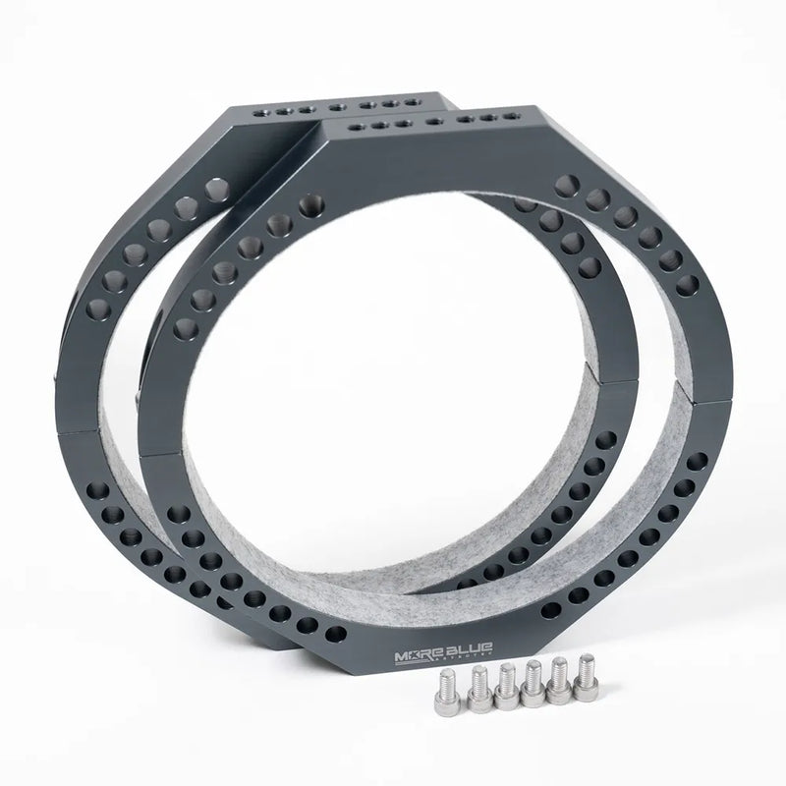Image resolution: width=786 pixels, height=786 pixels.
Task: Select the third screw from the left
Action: (507, 684)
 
